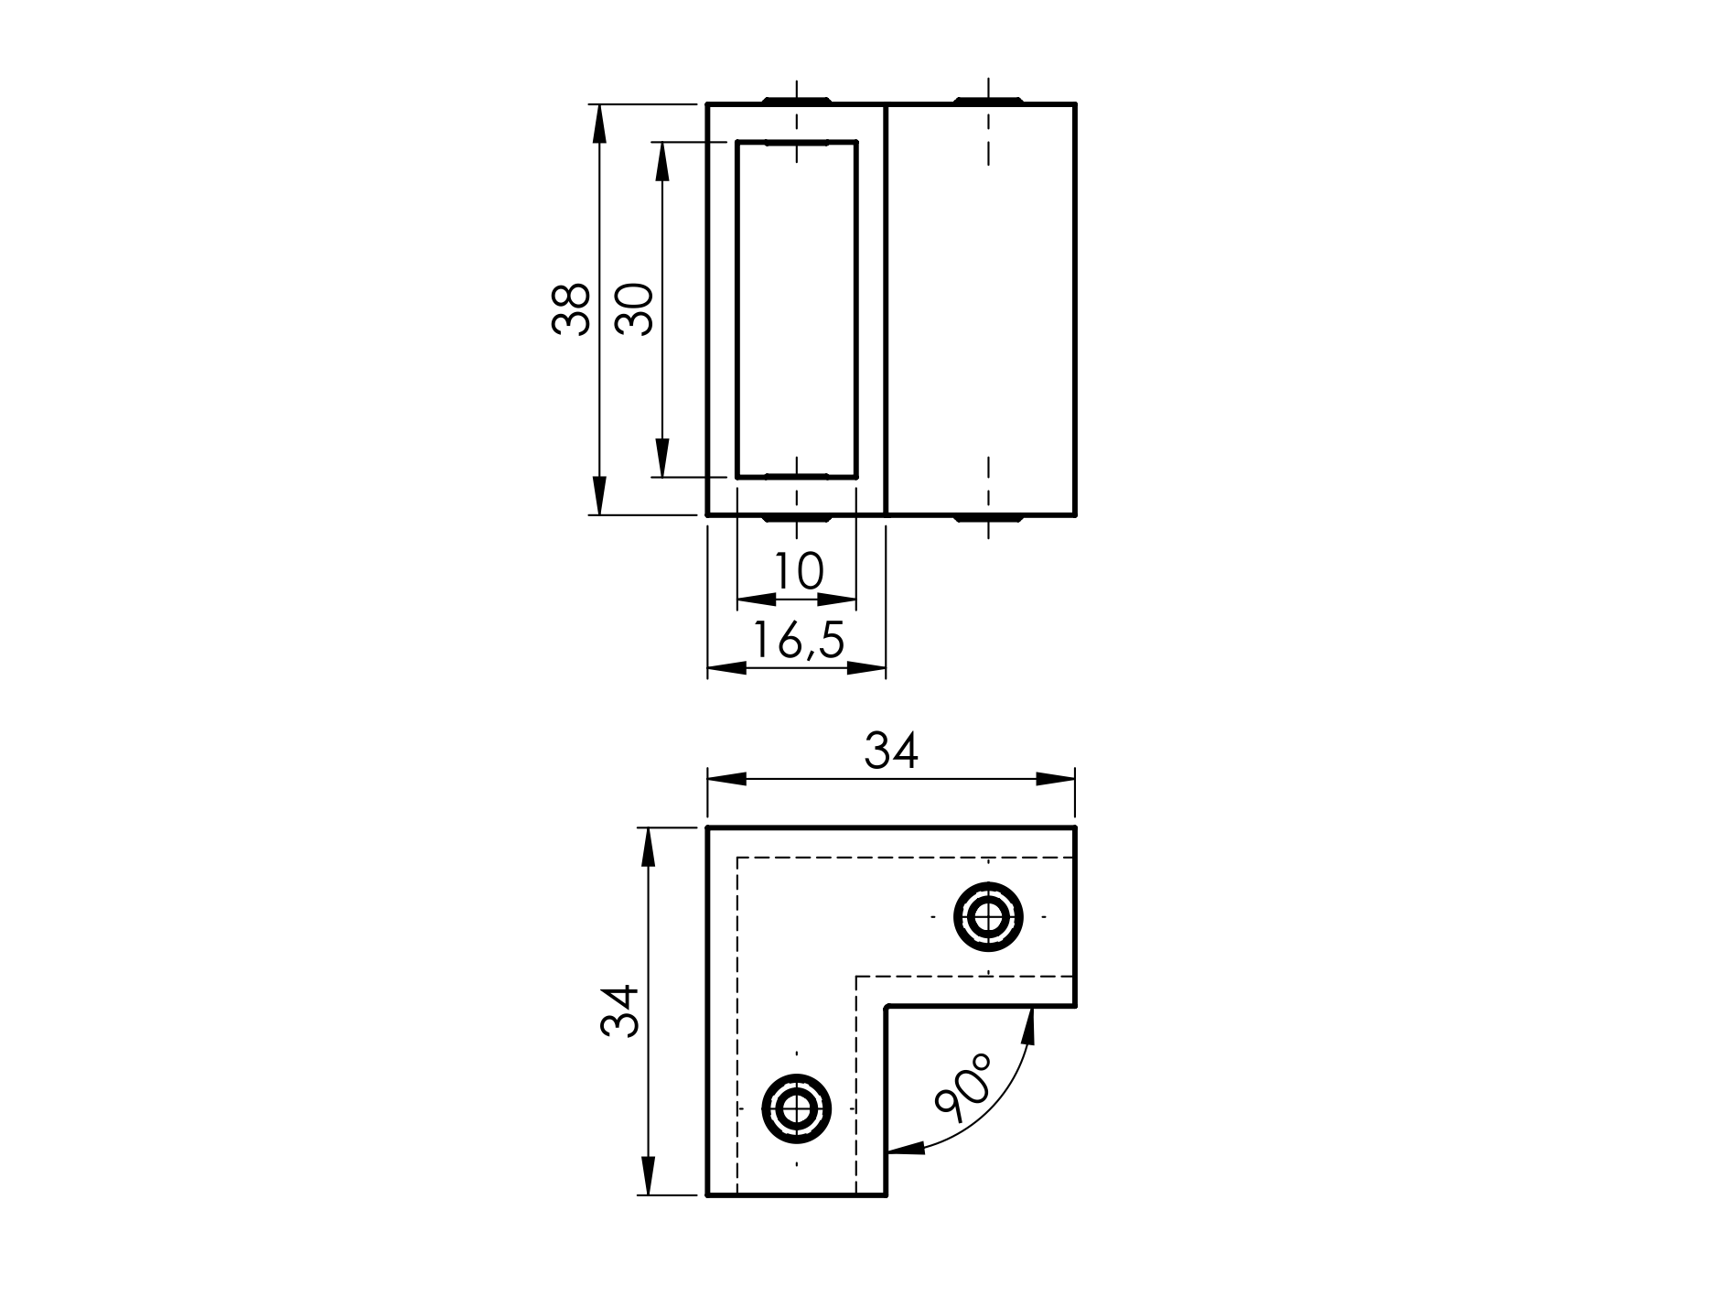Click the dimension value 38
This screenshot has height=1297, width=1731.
click(x=571, y=309)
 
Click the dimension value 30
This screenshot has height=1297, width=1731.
click(x=634, y=309)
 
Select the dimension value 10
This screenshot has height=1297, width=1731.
click(x=798, y=571)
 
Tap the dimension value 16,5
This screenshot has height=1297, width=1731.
click(x=797, y=640)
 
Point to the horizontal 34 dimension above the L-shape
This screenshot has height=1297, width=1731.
click(x=890, y=751)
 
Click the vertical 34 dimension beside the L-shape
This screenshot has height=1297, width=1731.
click(x=618, y=1011)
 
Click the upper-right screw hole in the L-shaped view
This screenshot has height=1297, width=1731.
click(x=988, y=915)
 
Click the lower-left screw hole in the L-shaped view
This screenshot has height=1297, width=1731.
click(x=796, y=1108)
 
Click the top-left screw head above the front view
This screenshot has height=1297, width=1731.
click(x=796, y=99)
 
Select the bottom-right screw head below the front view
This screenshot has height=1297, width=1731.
click(x=988, y=519)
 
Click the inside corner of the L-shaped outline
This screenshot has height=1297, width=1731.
click(x=887, y=1007)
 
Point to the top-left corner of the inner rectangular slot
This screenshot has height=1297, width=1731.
click(x=737, y=143)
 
